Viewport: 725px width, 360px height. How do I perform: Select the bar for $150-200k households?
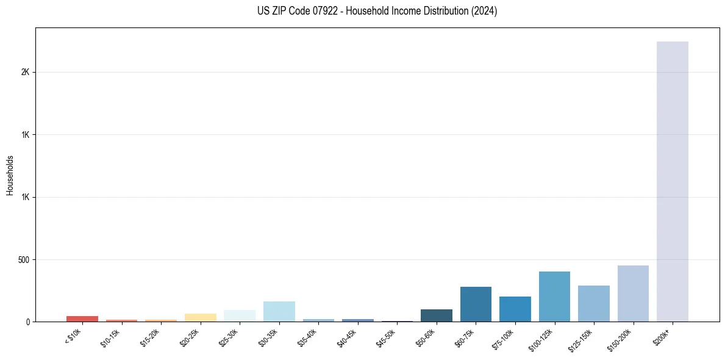633,293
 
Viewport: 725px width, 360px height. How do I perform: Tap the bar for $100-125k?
554,297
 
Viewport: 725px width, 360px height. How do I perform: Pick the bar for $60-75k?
476,304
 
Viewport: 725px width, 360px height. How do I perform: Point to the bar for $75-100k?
515,309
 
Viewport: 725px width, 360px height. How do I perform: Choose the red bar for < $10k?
82,319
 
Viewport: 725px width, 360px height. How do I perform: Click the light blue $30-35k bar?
279,311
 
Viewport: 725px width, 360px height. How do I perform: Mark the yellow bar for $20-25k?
200,317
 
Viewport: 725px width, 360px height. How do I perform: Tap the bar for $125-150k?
594,303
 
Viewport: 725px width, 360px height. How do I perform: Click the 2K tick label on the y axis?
26,72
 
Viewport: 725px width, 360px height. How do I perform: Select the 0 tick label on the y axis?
28,322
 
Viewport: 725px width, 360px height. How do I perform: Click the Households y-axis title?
10,175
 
